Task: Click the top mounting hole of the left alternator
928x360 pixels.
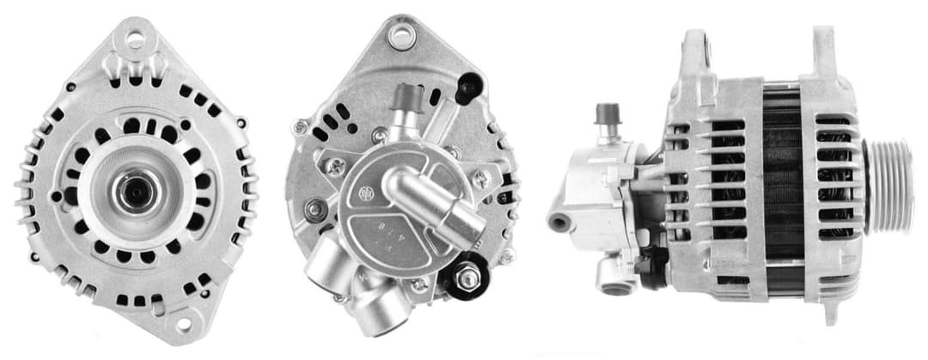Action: [x=135, y=38]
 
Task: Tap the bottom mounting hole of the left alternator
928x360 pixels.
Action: [x=182, y=324]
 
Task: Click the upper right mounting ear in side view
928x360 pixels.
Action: [x=822, y=47]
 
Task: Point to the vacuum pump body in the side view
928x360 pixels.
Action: [x=601, y=198]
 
